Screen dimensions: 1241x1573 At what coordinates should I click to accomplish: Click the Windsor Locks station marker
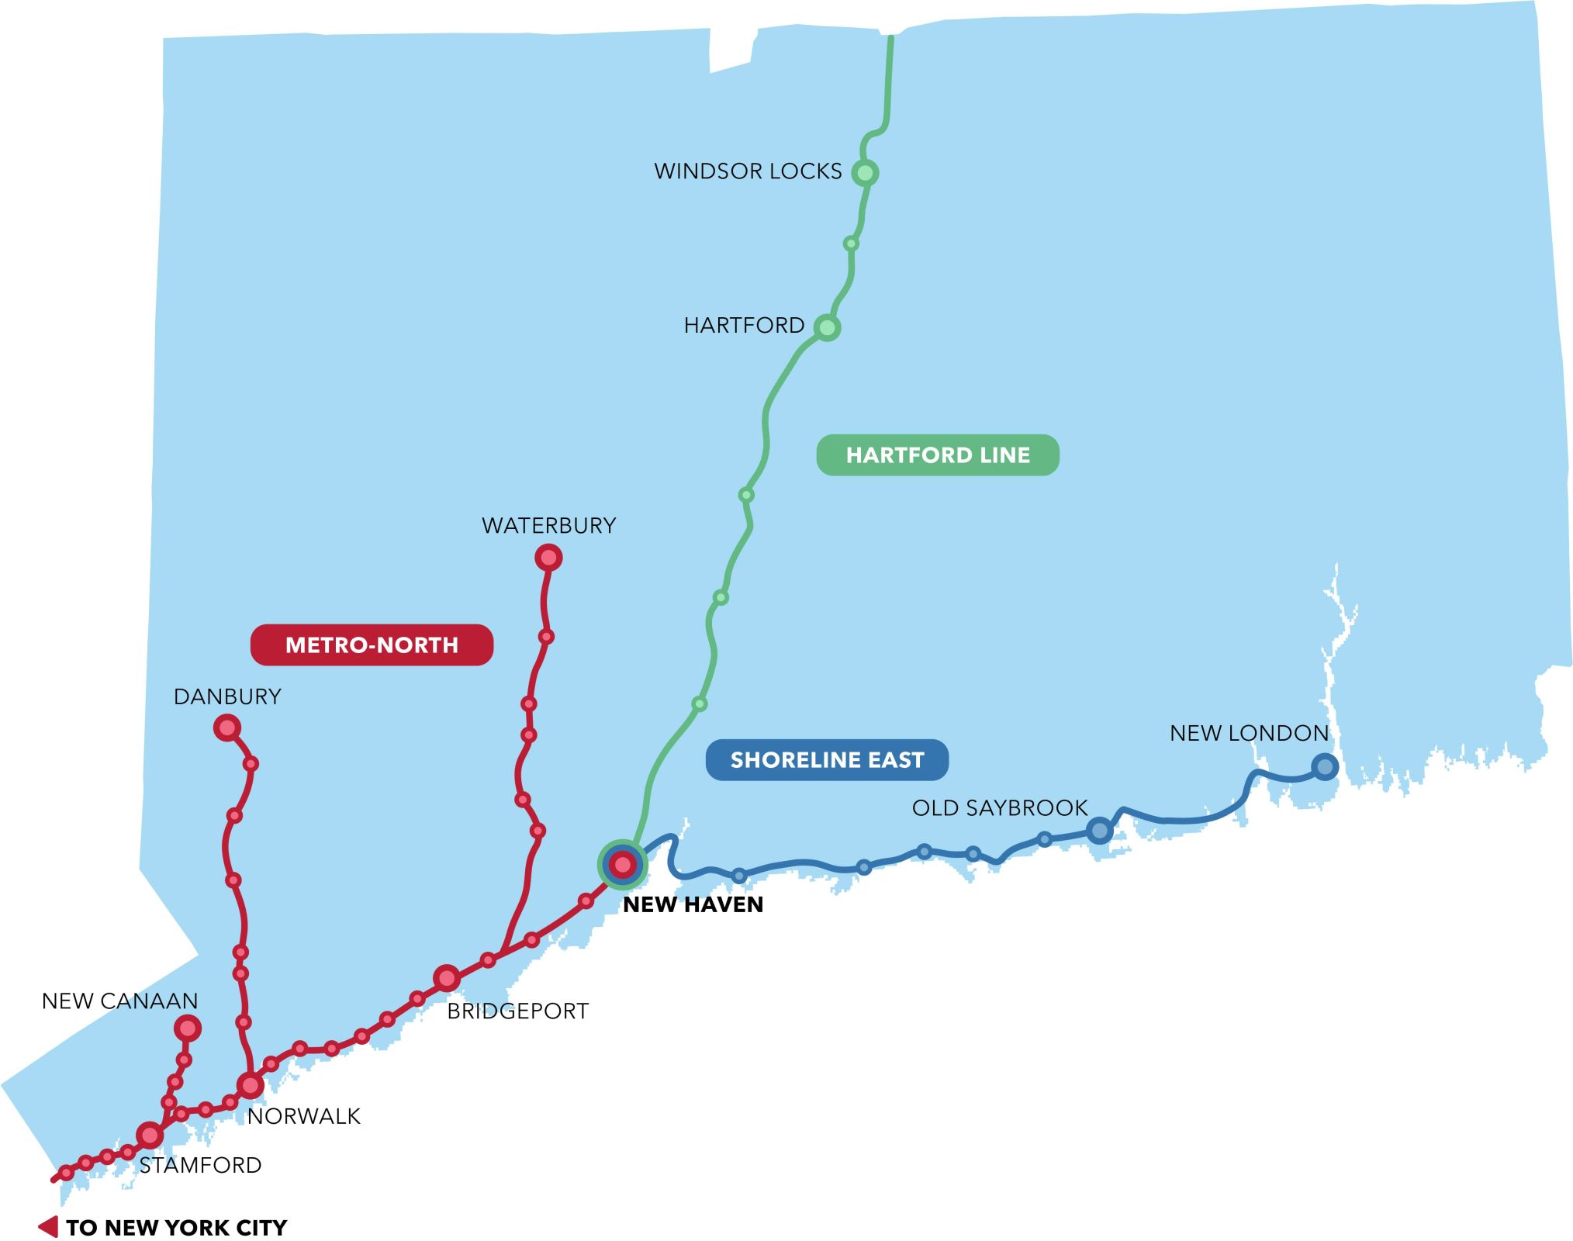click(x=865, y=172)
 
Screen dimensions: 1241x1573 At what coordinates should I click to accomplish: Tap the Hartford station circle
click(x=827, y=327)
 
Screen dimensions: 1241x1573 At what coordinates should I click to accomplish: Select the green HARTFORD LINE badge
click(x=937, y=455)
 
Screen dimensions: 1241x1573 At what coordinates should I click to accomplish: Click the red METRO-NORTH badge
click(x=372, y=645)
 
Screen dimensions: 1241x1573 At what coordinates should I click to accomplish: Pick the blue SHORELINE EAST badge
click(x=827, y=760)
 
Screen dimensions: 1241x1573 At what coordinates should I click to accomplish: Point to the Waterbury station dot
click(x=548, y=558)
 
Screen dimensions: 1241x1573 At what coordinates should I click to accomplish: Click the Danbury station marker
click(x=227, y=728)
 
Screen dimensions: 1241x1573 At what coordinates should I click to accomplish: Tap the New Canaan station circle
click(x=188, y=1028)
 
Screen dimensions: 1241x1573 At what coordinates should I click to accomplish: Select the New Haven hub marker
click(x=623, y=864)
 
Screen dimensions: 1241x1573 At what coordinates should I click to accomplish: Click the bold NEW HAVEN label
click(x=693, y=904)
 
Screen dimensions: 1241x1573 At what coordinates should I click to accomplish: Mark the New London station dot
click(x=1325, y=767)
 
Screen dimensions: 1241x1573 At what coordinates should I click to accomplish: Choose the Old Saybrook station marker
click(x=1099, y=831)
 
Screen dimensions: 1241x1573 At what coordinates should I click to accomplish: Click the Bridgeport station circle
click(x=447, y=979)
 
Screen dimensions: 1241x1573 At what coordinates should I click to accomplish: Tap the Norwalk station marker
click(x=251, y=1085)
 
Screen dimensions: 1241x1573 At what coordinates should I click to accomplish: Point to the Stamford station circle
click(x=150, y=1136)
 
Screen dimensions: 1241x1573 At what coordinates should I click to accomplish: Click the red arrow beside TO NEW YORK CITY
click(x=49, y=1227)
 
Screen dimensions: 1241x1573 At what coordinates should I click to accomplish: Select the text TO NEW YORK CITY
click(x=176, y=1228)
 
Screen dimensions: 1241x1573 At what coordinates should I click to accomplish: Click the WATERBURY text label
click(x=548, y=526)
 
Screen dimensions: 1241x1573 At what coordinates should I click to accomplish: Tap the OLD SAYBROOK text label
click(x=999, y=808)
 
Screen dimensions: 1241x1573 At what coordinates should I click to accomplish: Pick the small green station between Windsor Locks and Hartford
click(x=851, y=244)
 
